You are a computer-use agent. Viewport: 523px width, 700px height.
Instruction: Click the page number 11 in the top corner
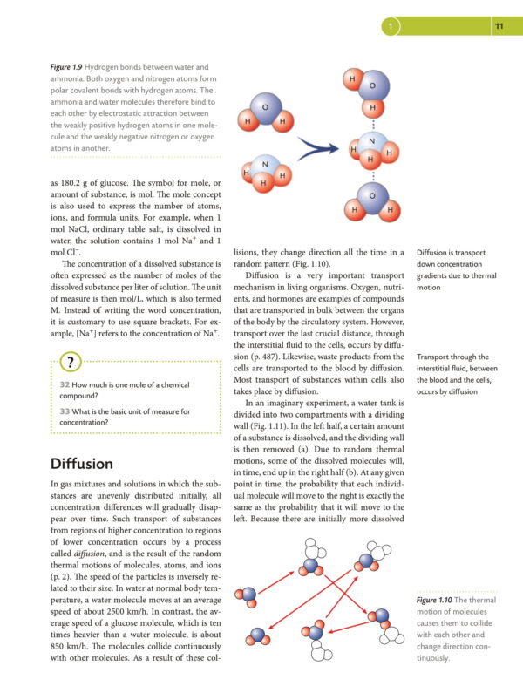click(499, 27)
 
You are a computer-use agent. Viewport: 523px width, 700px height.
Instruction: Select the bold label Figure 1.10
click(445, 601)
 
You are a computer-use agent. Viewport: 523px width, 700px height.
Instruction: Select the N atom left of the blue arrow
click(265, 166)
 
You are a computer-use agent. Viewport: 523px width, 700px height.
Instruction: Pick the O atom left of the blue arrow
click(265, 107)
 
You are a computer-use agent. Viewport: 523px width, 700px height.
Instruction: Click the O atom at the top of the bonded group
click(373, 85)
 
